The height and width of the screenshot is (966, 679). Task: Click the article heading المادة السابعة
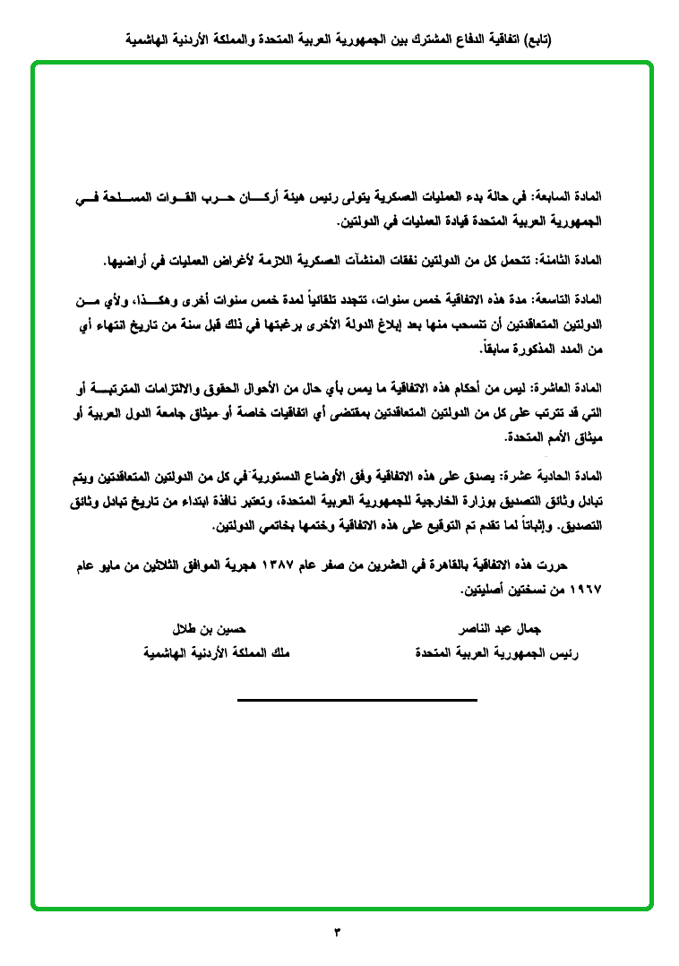(x=567, y=197)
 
